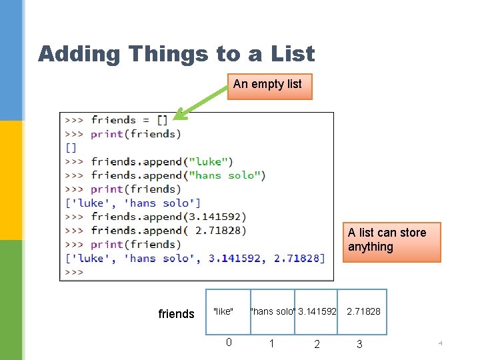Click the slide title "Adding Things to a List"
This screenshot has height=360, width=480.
click(176, 53)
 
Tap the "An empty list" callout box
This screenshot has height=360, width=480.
click(269, 85)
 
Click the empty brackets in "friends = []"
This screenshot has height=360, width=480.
click(163, 120)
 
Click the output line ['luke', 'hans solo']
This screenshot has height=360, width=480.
click(133, 203)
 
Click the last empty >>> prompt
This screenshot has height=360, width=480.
click(74, 272)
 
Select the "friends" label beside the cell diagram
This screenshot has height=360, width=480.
click(176, 314)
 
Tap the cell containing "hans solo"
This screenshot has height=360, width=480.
click(272, 311)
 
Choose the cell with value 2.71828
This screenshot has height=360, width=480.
click(363, 311)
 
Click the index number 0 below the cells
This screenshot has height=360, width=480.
click(229, 343)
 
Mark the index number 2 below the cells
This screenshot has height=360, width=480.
click(317, 344)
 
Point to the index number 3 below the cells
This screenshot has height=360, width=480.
click(359, 344)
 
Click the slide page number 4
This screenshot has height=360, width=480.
click(440, 343)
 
